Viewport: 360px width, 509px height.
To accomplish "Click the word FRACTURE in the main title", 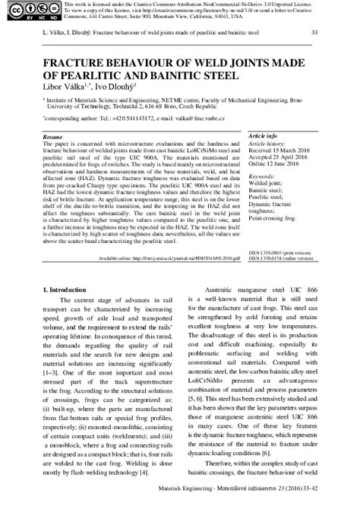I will pos(77,61).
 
